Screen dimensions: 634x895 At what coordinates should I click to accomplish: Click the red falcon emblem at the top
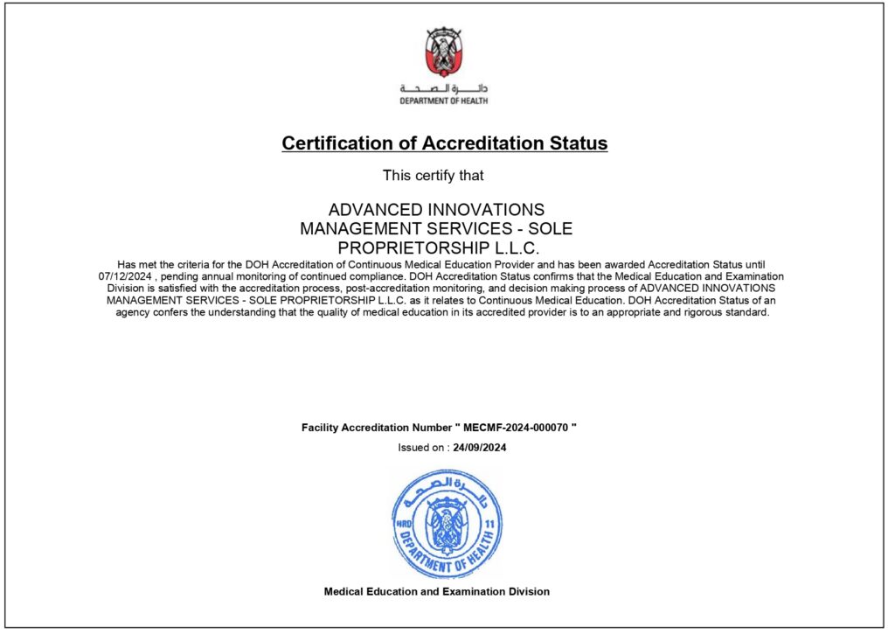pos(444,52)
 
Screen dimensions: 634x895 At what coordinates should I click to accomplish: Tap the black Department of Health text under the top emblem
pos(444,101)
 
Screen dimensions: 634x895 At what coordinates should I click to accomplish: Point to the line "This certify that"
pos(434,176)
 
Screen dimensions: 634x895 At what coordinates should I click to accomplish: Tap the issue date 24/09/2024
pos(480,448)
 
